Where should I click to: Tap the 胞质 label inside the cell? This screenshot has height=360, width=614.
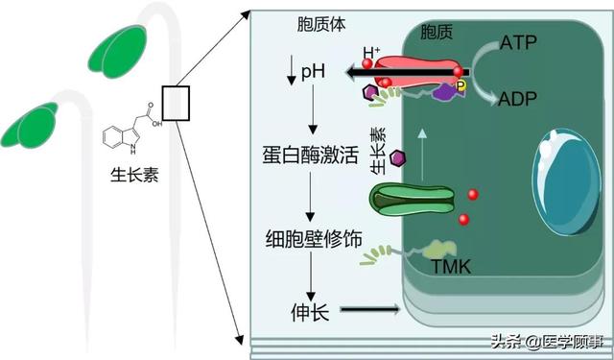click(437, 34)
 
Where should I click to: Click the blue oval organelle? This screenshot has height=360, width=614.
click(565, 180)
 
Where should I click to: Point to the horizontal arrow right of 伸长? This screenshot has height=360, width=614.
click(368, 309)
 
